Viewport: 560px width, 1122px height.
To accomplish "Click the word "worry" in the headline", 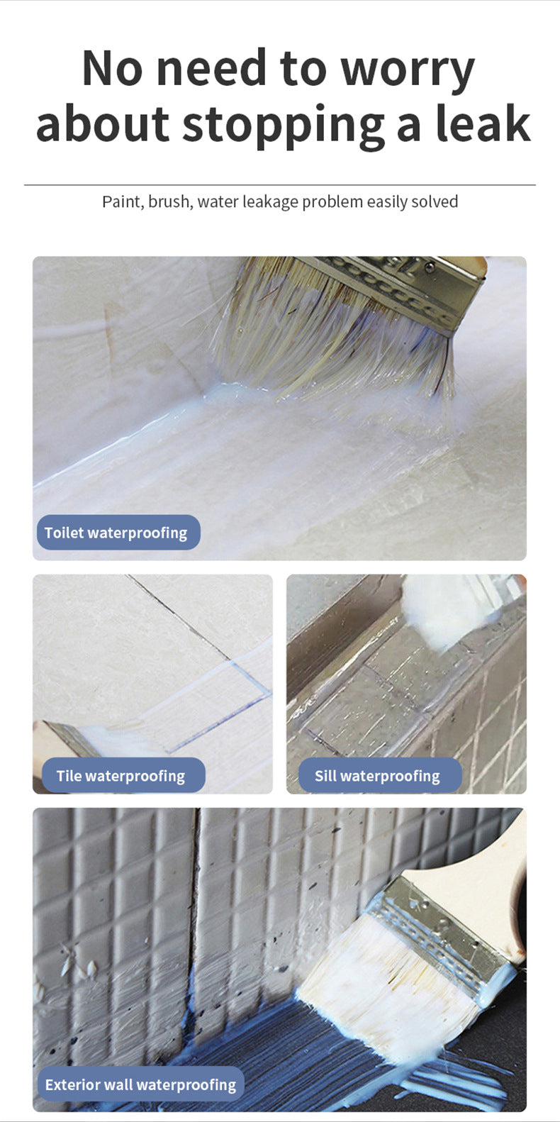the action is (x=408, y=71).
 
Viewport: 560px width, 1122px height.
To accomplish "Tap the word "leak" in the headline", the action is (x=483, y=123).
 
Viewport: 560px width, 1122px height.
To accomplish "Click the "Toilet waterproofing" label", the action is (x=118, y=533).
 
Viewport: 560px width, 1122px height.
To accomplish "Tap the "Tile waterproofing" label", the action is (x=123, y=775).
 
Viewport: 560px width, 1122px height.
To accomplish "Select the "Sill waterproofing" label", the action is (x=380, y=775).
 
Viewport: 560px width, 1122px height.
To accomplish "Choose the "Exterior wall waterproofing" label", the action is (x=140, y=1084).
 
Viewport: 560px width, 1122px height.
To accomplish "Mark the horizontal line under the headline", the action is (x=280, y=185).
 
